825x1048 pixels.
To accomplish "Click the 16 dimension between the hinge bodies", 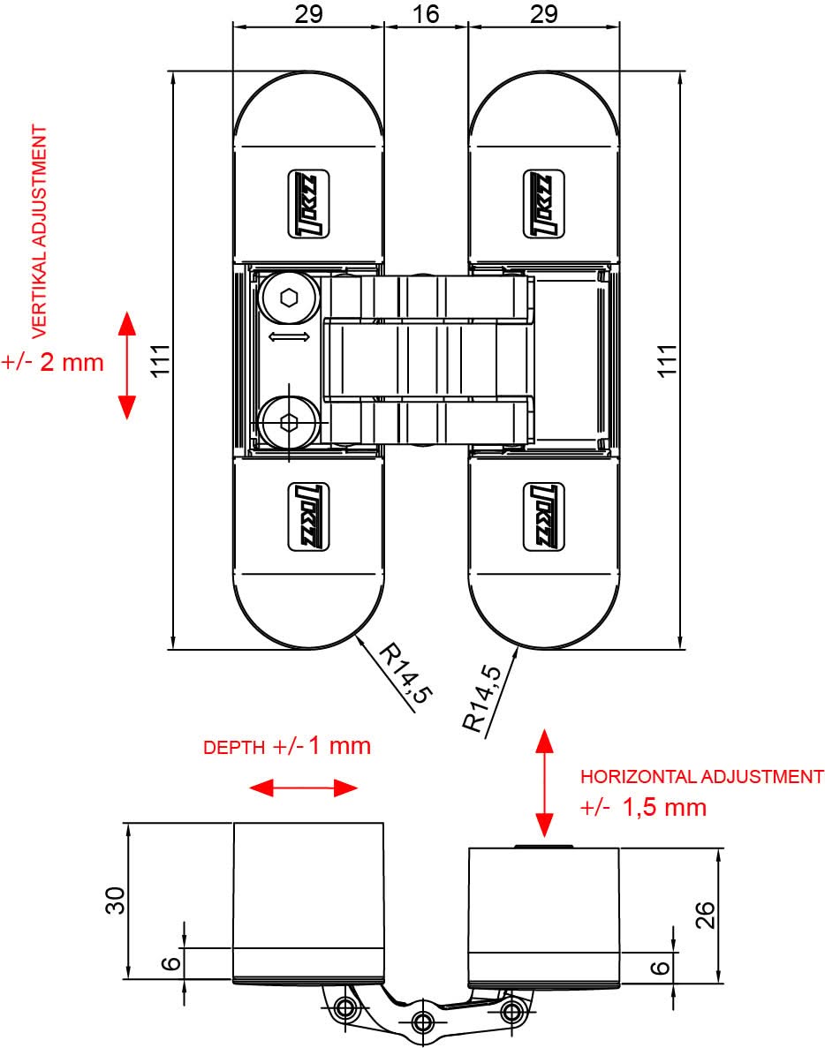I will click(426, 14).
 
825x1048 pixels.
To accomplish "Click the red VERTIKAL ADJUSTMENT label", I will click(39, 232).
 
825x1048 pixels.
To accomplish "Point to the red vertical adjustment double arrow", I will click(126, 365).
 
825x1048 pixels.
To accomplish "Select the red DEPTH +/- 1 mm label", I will click(287, 746).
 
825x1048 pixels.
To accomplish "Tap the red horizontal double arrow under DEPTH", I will click(303, 788).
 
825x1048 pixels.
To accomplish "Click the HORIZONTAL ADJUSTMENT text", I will click(701, 777).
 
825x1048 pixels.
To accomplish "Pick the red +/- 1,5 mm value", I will click(644, 807).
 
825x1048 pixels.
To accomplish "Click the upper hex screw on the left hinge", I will click(289, 298).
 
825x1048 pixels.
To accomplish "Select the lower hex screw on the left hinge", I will click(289, 422).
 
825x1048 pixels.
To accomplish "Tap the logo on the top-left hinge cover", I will click(308, 202).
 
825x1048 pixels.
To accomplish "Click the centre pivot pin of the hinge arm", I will click(423, 1021).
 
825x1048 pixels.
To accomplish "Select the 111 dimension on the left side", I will click(159, 360).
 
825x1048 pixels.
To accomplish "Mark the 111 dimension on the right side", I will click(669, 360).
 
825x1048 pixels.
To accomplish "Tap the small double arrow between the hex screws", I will click(290, 337).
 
